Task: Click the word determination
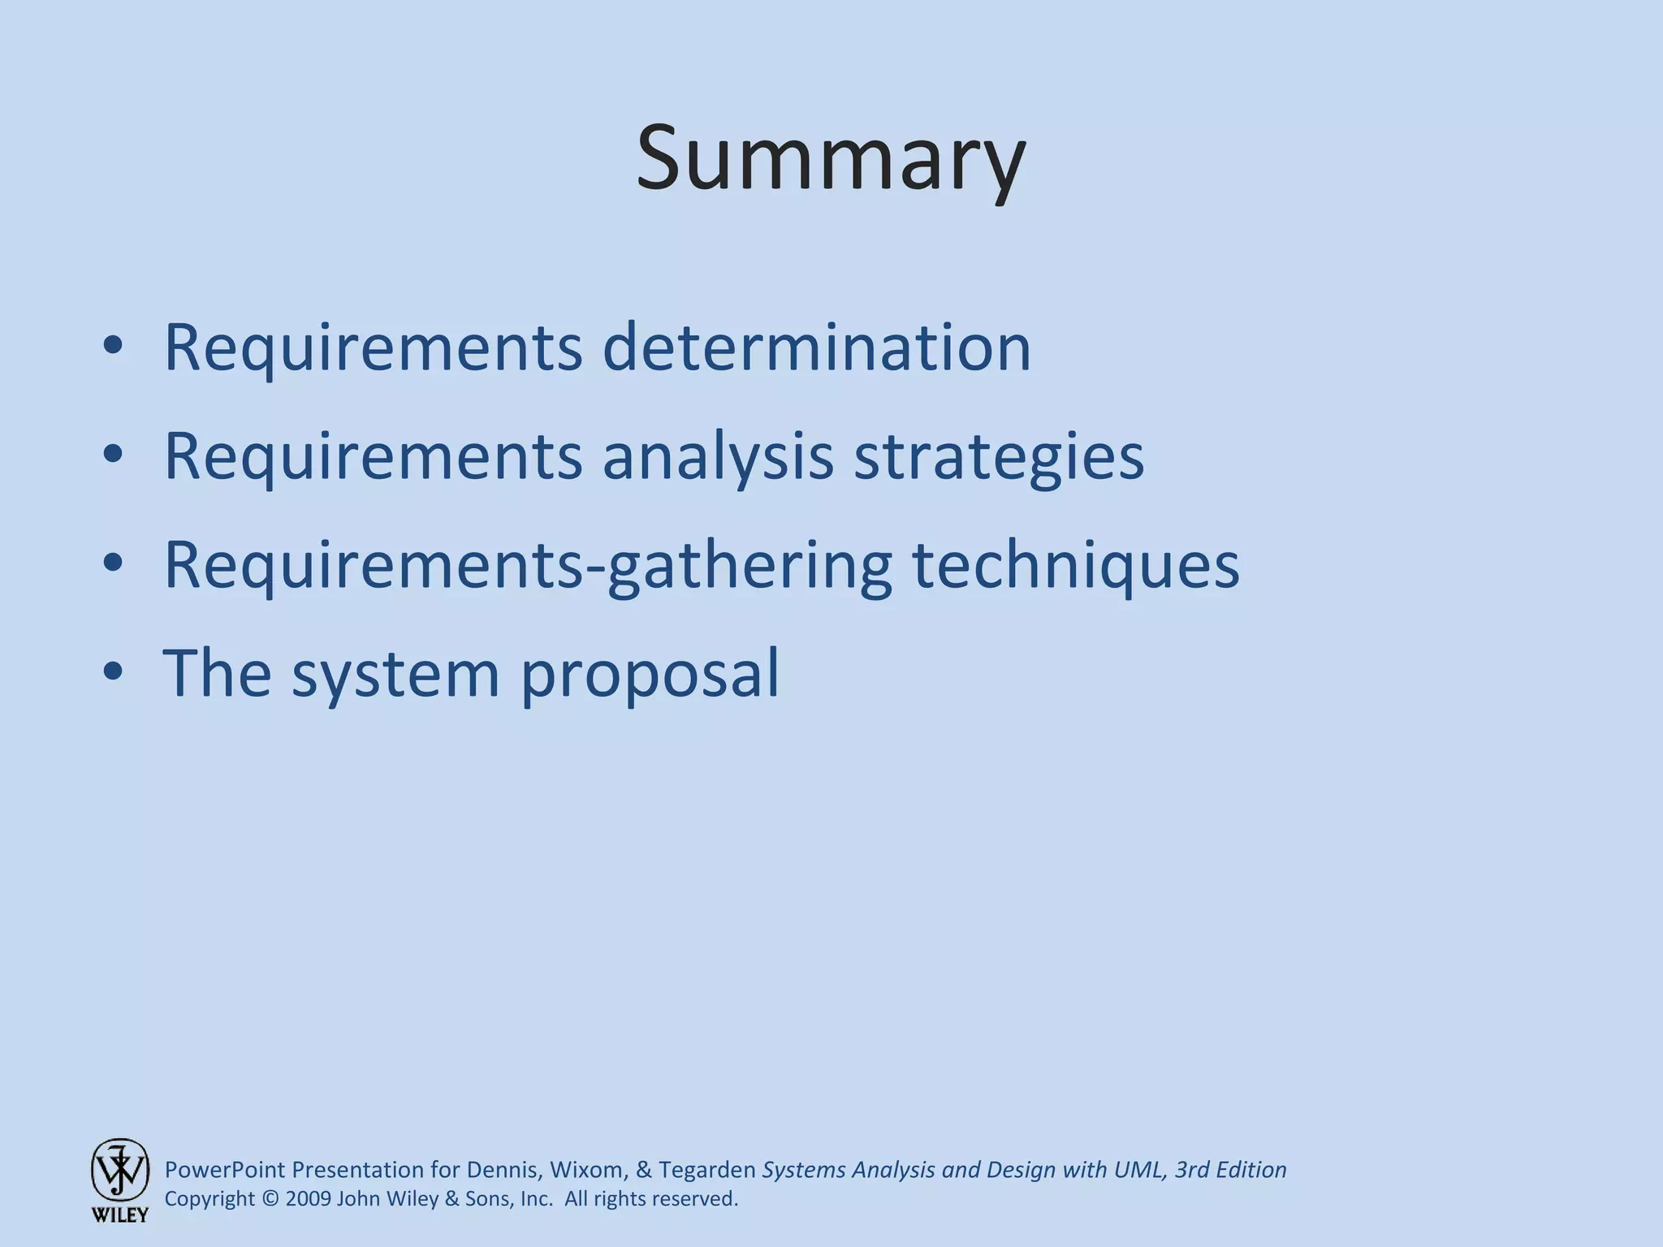[x=816, y=347]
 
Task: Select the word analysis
[x=718, y=456]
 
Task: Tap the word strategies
[x=999, y=456]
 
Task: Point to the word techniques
[x=1076, y=565]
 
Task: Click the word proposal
[x=650, y=674]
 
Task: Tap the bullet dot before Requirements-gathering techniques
[x=113, y=562]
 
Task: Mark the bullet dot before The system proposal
[x=113, y=671]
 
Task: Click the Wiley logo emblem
[x=120, y=1168]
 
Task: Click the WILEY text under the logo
[x=120, y=1215]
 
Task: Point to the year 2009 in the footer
[x=309, y=1199]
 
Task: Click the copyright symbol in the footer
[x=270, y=1199]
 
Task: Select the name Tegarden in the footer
[x=706, y=1170]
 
